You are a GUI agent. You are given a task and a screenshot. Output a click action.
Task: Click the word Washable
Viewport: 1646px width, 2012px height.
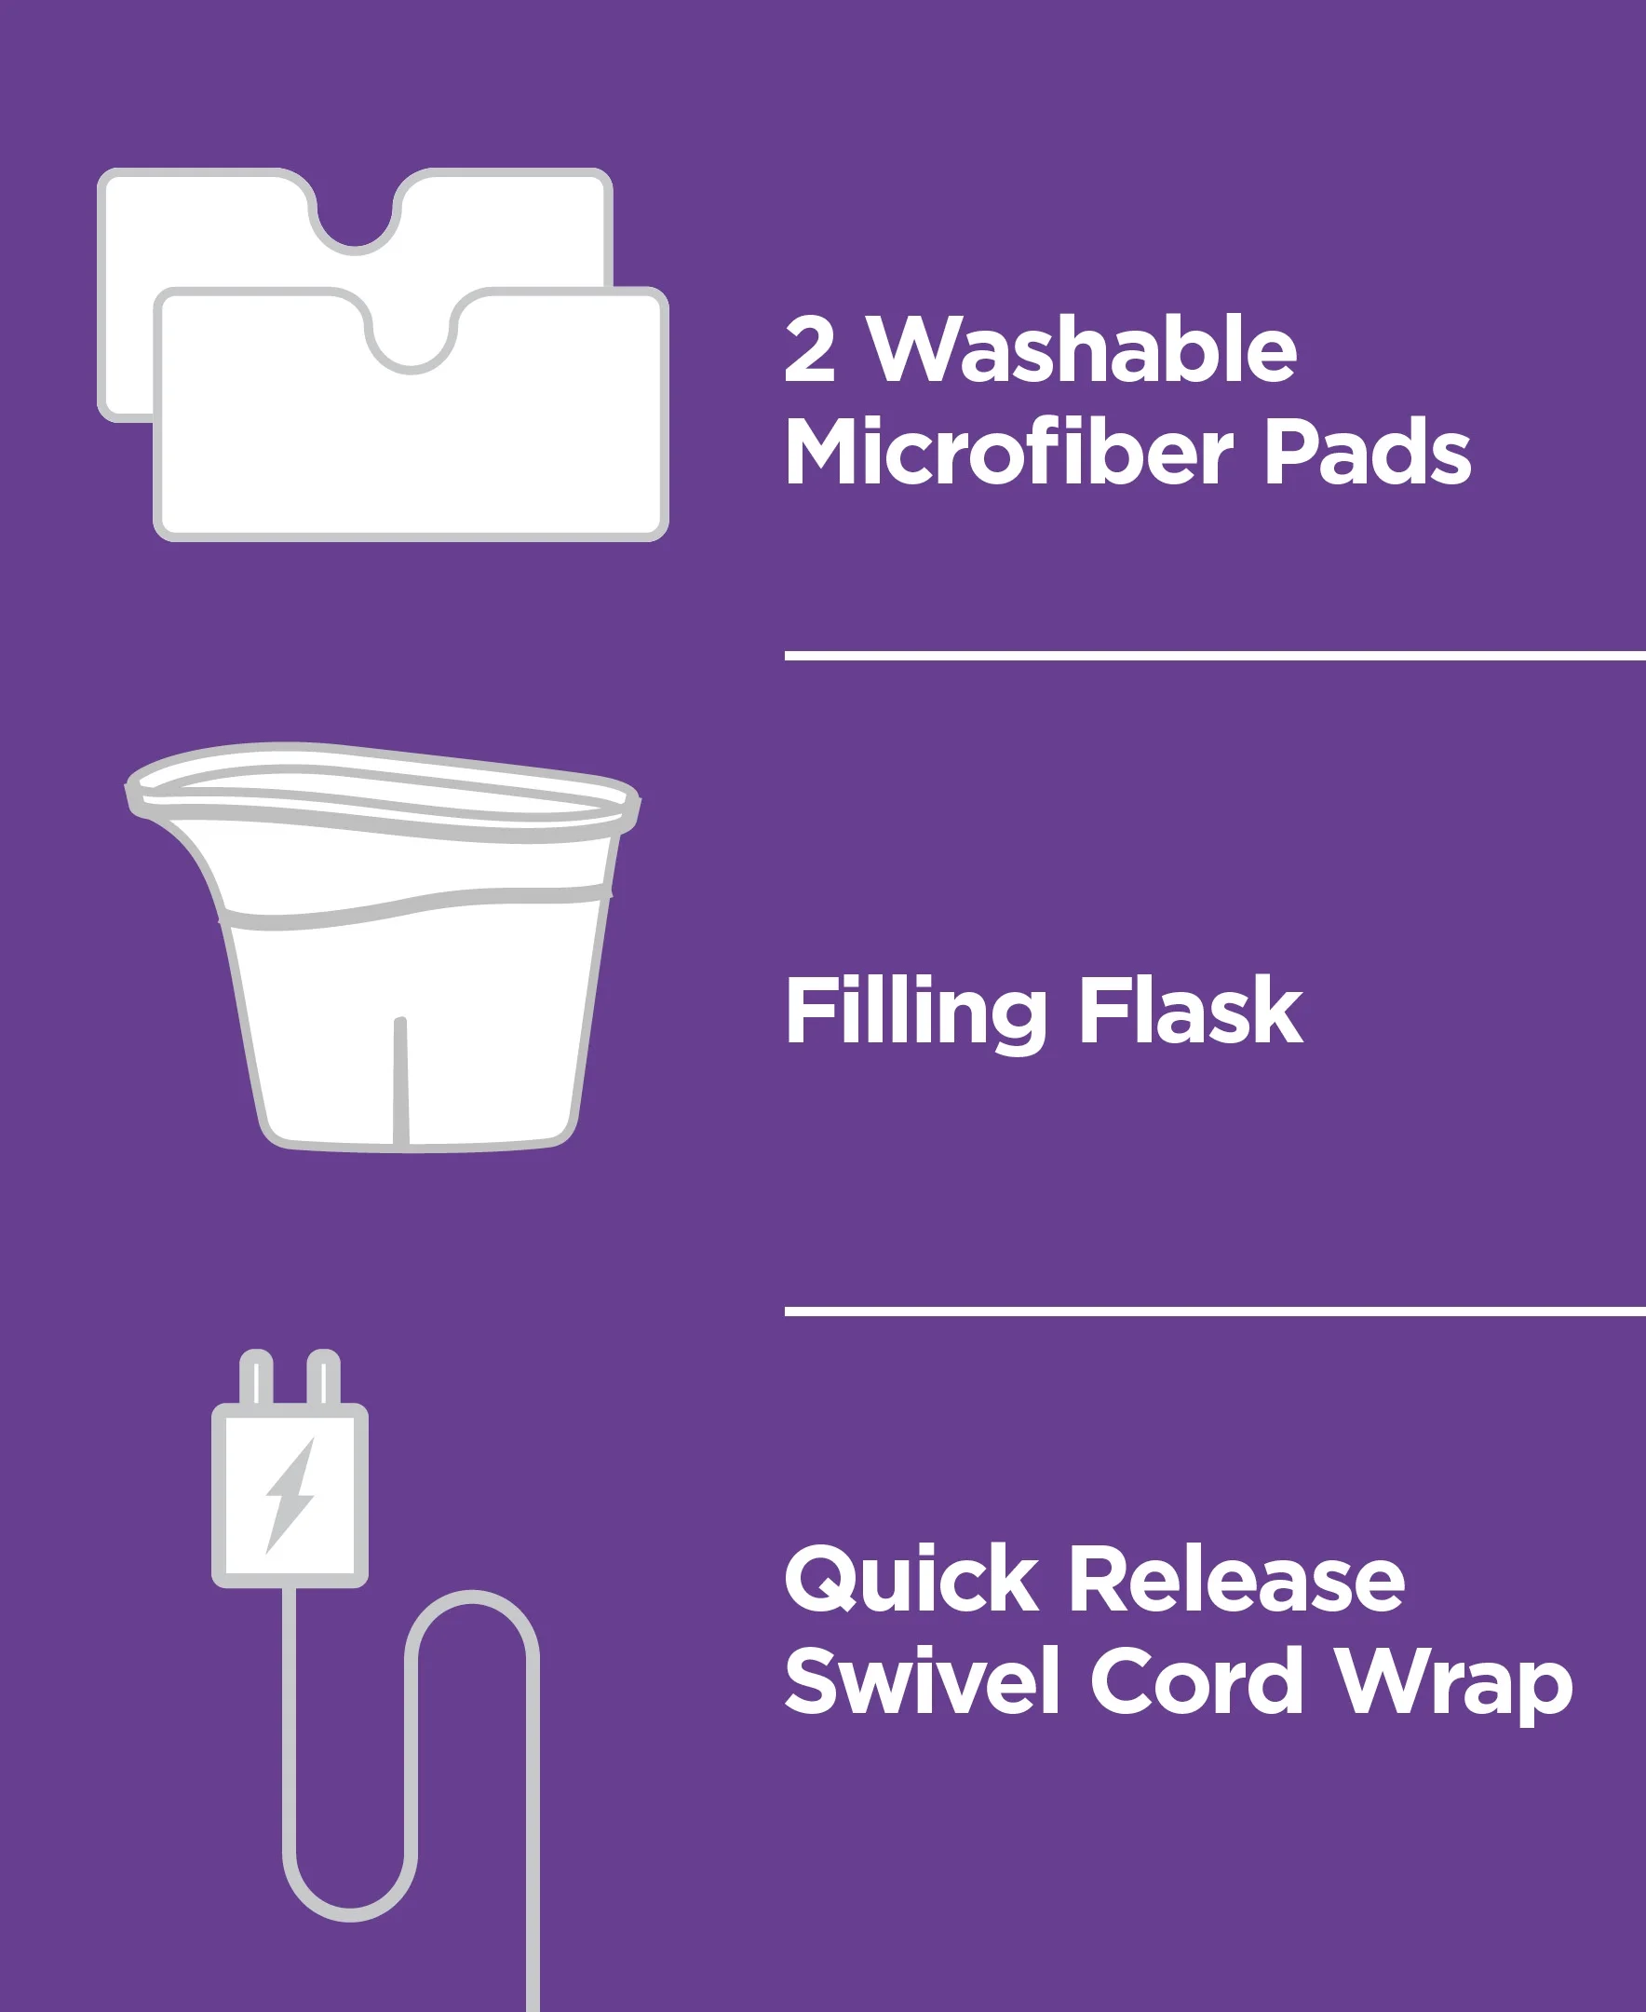(x=1084, y=350)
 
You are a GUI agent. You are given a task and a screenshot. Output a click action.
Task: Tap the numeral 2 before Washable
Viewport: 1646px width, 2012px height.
(x=810, y=350)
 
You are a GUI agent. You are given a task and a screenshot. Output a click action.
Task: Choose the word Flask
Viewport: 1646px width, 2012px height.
(x=1190, y=1013)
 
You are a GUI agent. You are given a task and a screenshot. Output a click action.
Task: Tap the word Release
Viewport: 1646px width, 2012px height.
(x=1236, y=1580)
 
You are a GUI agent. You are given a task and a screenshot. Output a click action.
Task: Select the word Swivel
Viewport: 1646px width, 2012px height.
(x=921, y=1681)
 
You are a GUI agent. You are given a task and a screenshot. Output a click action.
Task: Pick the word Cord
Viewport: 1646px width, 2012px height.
(x=1196, y=1681)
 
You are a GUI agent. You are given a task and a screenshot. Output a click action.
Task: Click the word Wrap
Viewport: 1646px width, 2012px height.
(x=1453, y=1687)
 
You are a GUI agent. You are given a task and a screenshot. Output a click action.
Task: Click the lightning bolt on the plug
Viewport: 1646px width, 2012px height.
(x=290, y=1496)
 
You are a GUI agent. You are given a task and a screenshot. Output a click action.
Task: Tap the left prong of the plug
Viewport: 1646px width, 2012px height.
(x=256, y=1378)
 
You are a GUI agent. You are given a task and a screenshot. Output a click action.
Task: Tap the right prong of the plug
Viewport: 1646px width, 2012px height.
(x=323, y=1378)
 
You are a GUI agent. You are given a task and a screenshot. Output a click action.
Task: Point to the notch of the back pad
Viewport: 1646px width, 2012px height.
(x=355, y=218)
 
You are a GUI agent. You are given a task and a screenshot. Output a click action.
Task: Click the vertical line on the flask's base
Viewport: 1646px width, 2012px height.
(x=400, y=1081)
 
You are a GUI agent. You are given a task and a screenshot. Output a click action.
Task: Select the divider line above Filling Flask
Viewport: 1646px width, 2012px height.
(x=1215, y=656)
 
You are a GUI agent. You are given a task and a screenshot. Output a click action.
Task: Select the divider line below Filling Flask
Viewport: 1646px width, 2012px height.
(x=1215, y=1312)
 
